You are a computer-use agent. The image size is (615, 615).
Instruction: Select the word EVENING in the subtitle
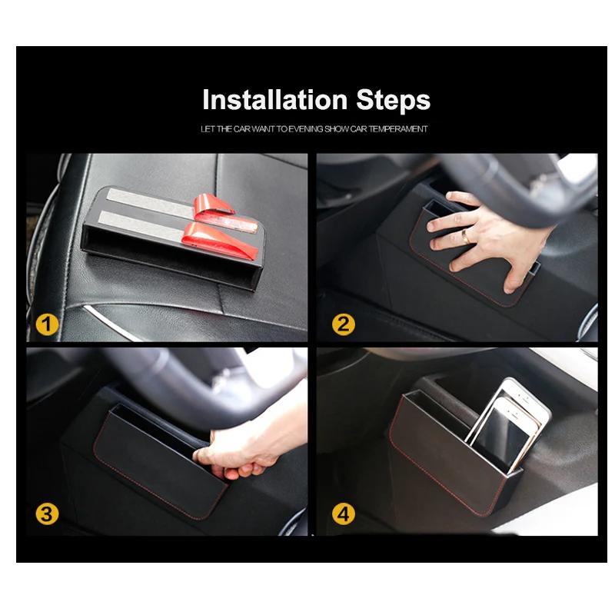pyautogui.click(x=299, y=129)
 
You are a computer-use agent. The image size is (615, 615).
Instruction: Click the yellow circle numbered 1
pyautogui.click(x=48, y=324)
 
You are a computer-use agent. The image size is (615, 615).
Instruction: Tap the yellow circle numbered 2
pyautogui.click(x=344, y=324)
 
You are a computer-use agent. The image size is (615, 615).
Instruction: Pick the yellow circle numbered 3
pyautogui.click(x=48, y=514)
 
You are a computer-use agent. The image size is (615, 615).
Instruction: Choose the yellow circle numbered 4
pyautogui.click(x=344, y=514)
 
